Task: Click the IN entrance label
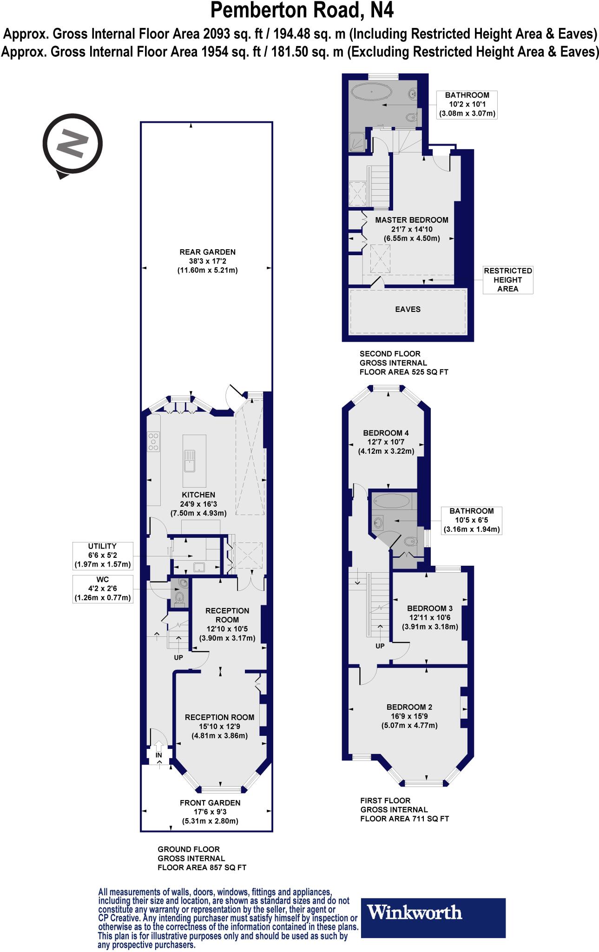point(159,755)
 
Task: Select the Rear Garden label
point(207,252)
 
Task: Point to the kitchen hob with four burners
point(153,442)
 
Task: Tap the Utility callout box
point(103,555)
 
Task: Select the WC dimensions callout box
point(103,589)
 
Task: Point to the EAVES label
point(408,309)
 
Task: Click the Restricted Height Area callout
point(507,279)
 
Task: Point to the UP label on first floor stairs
point(380,646)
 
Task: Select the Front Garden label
point(210,803)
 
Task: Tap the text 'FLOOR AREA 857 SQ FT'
point(202,867)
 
